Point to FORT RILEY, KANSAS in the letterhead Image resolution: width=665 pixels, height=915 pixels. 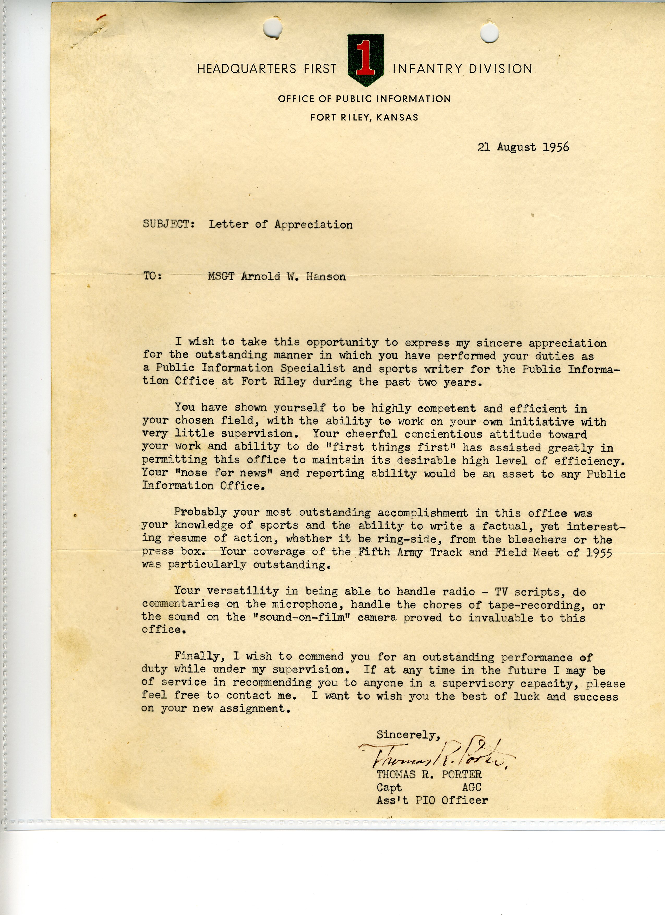364,117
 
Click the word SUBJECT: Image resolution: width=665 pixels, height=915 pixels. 169,224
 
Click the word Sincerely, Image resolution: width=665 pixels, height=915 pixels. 408,735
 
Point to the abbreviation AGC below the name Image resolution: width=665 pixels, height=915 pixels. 471,787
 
